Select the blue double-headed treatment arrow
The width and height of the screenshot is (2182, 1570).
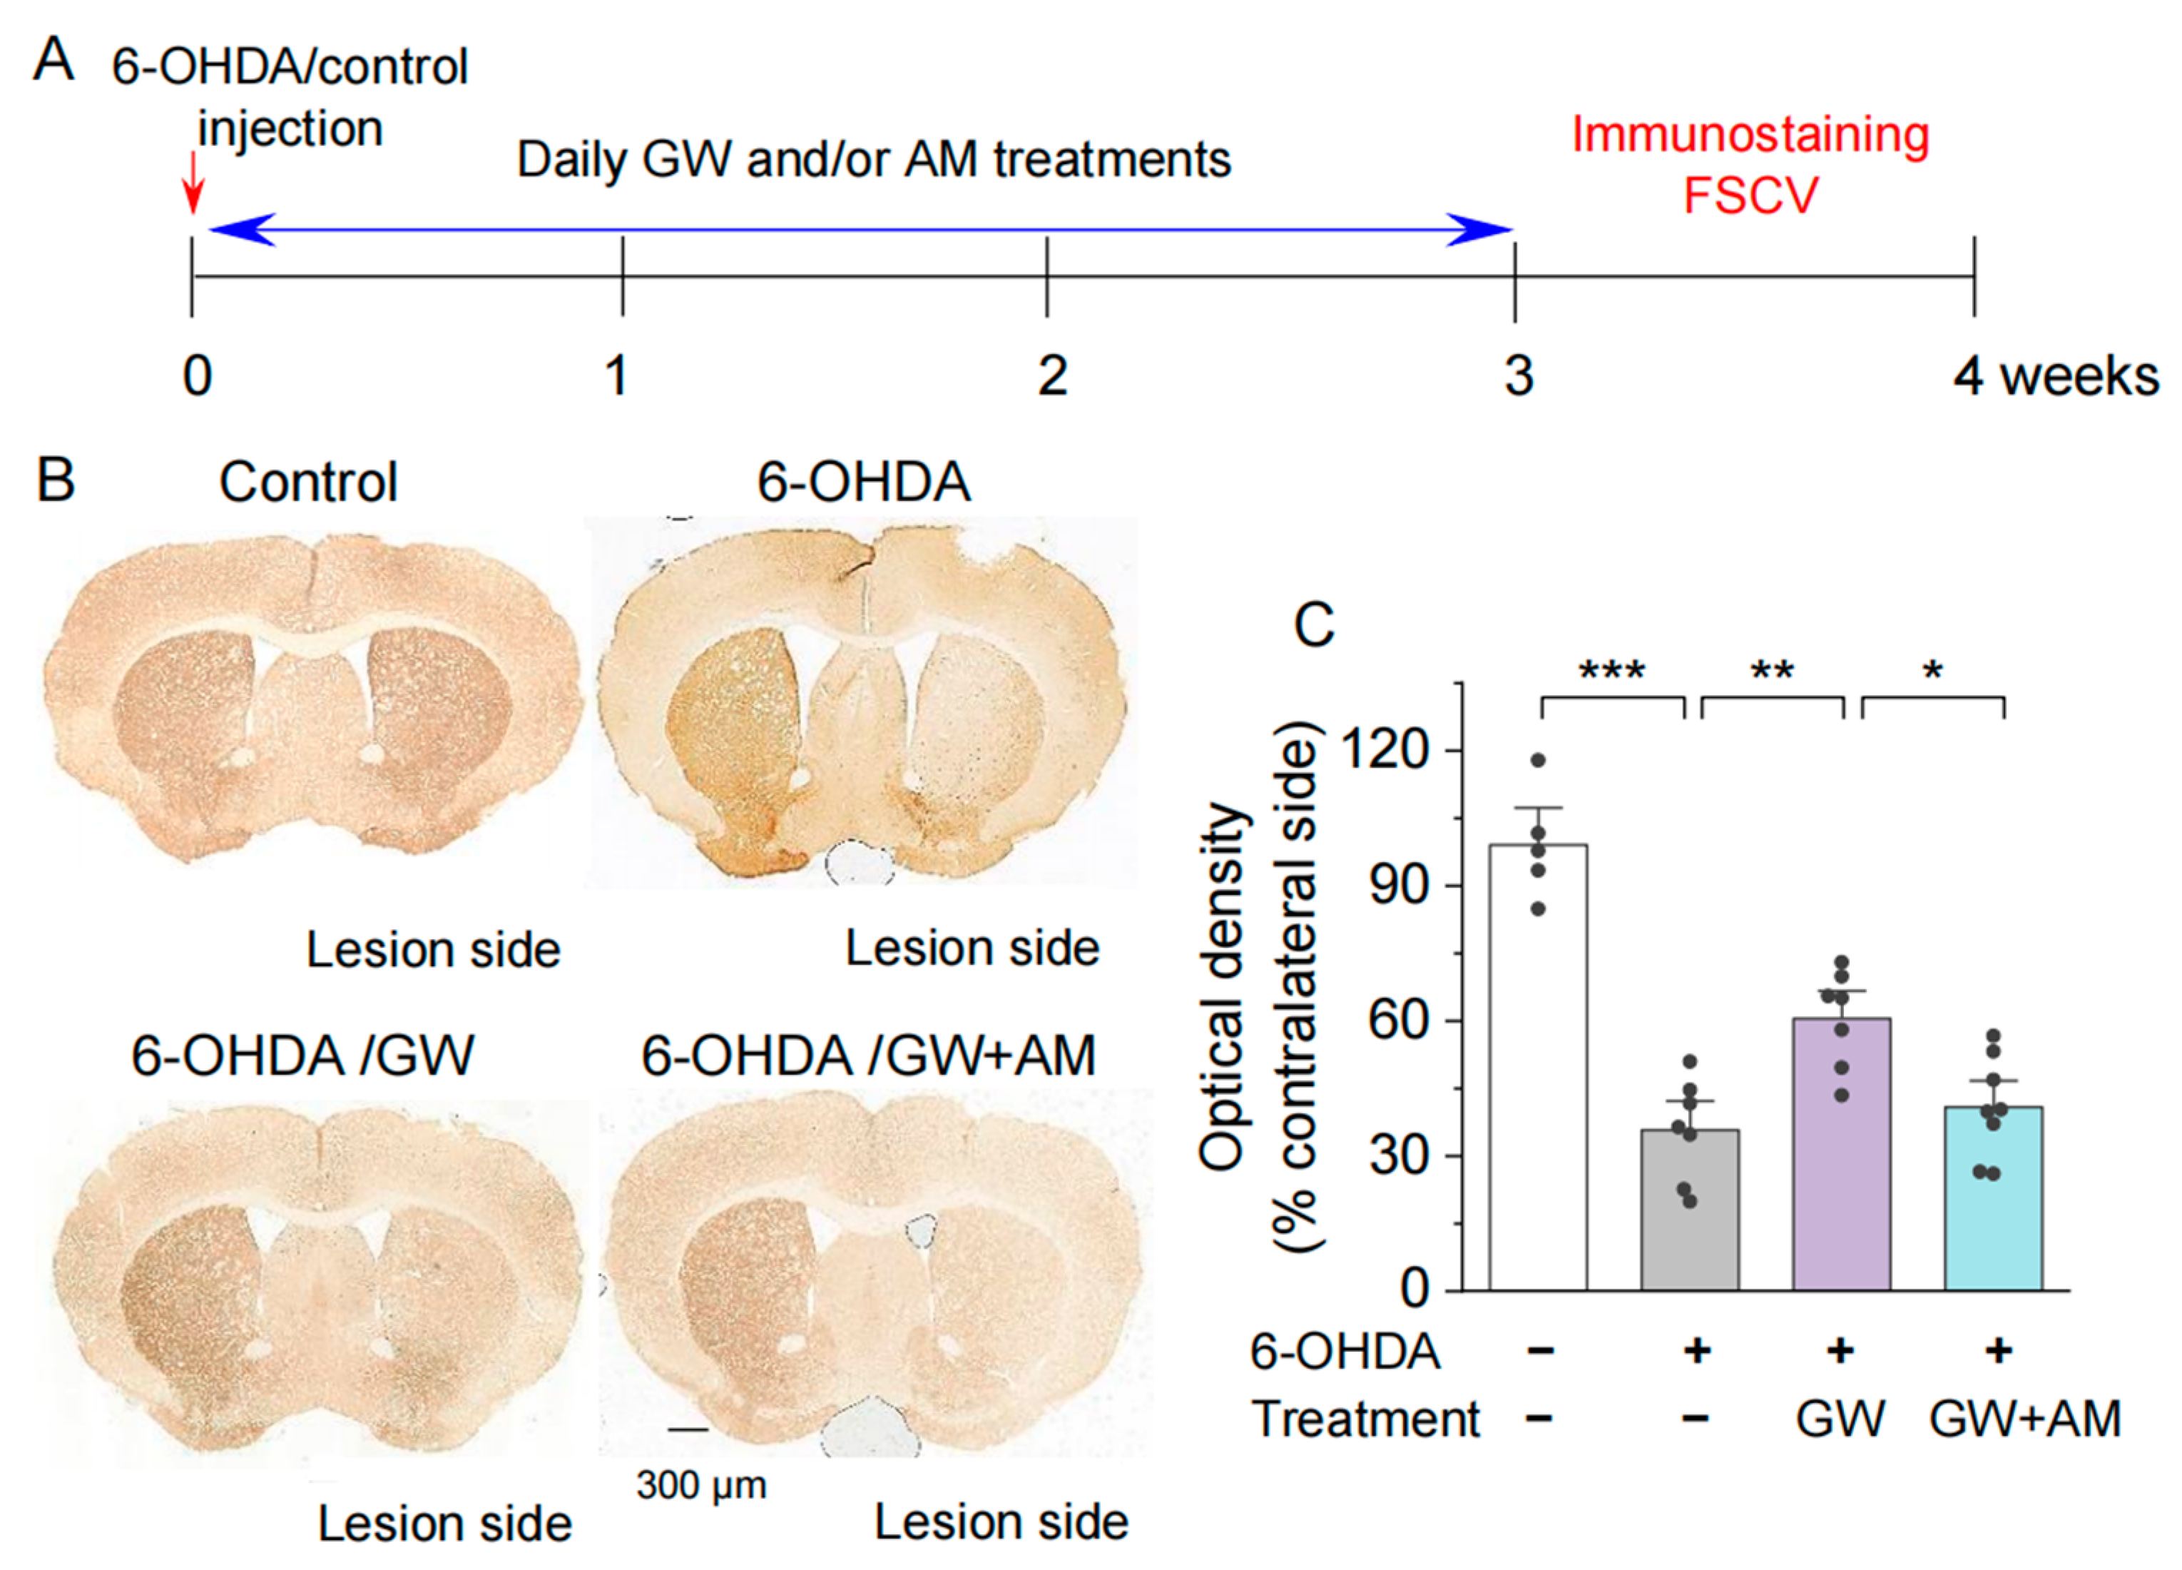(860, 230)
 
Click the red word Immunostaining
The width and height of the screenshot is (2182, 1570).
(1750, 135)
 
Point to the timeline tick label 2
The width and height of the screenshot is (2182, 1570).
(1051, 375)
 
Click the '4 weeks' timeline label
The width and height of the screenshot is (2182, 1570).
(2056, 375)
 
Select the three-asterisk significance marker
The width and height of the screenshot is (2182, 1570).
(1613, 671)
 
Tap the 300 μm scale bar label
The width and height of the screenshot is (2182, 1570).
(701, 1484)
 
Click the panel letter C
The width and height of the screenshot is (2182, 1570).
(1314, 626)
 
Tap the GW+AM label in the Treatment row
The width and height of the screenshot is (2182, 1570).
(2024, 1419)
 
